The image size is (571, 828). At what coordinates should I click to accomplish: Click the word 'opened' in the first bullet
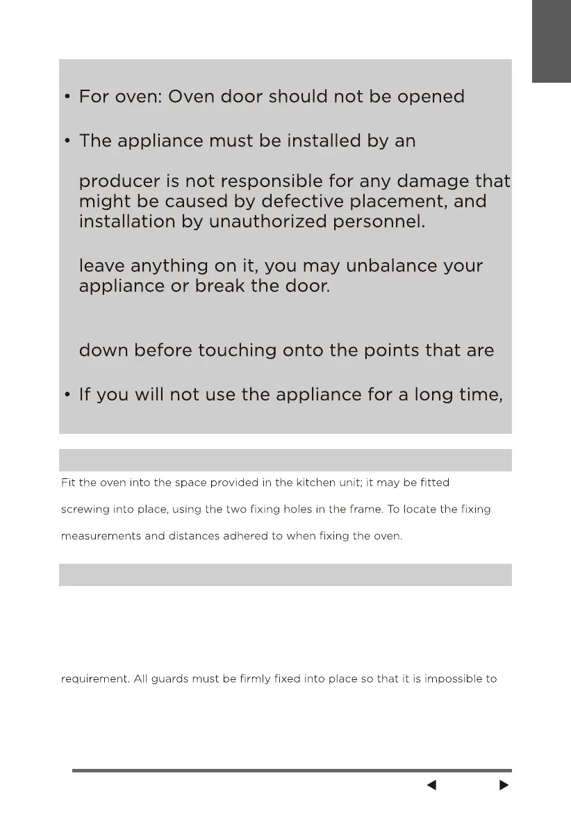pos(431,97)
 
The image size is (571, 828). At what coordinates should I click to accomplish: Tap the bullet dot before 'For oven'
pos(67,97)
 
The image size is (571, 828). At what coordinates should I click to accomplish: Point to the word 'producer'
pos(121,183)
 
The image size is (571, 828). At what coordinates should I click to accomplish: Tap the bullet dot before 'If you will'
pos(67,396)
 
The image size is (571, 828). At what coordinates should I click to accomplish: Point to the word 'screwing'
pos(83,510)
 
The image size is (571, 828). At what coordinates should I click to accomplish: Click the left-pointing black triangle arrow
pos(431,786)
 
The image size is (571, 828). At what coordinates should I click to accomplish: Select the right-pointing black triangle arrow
pos(504,786)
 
